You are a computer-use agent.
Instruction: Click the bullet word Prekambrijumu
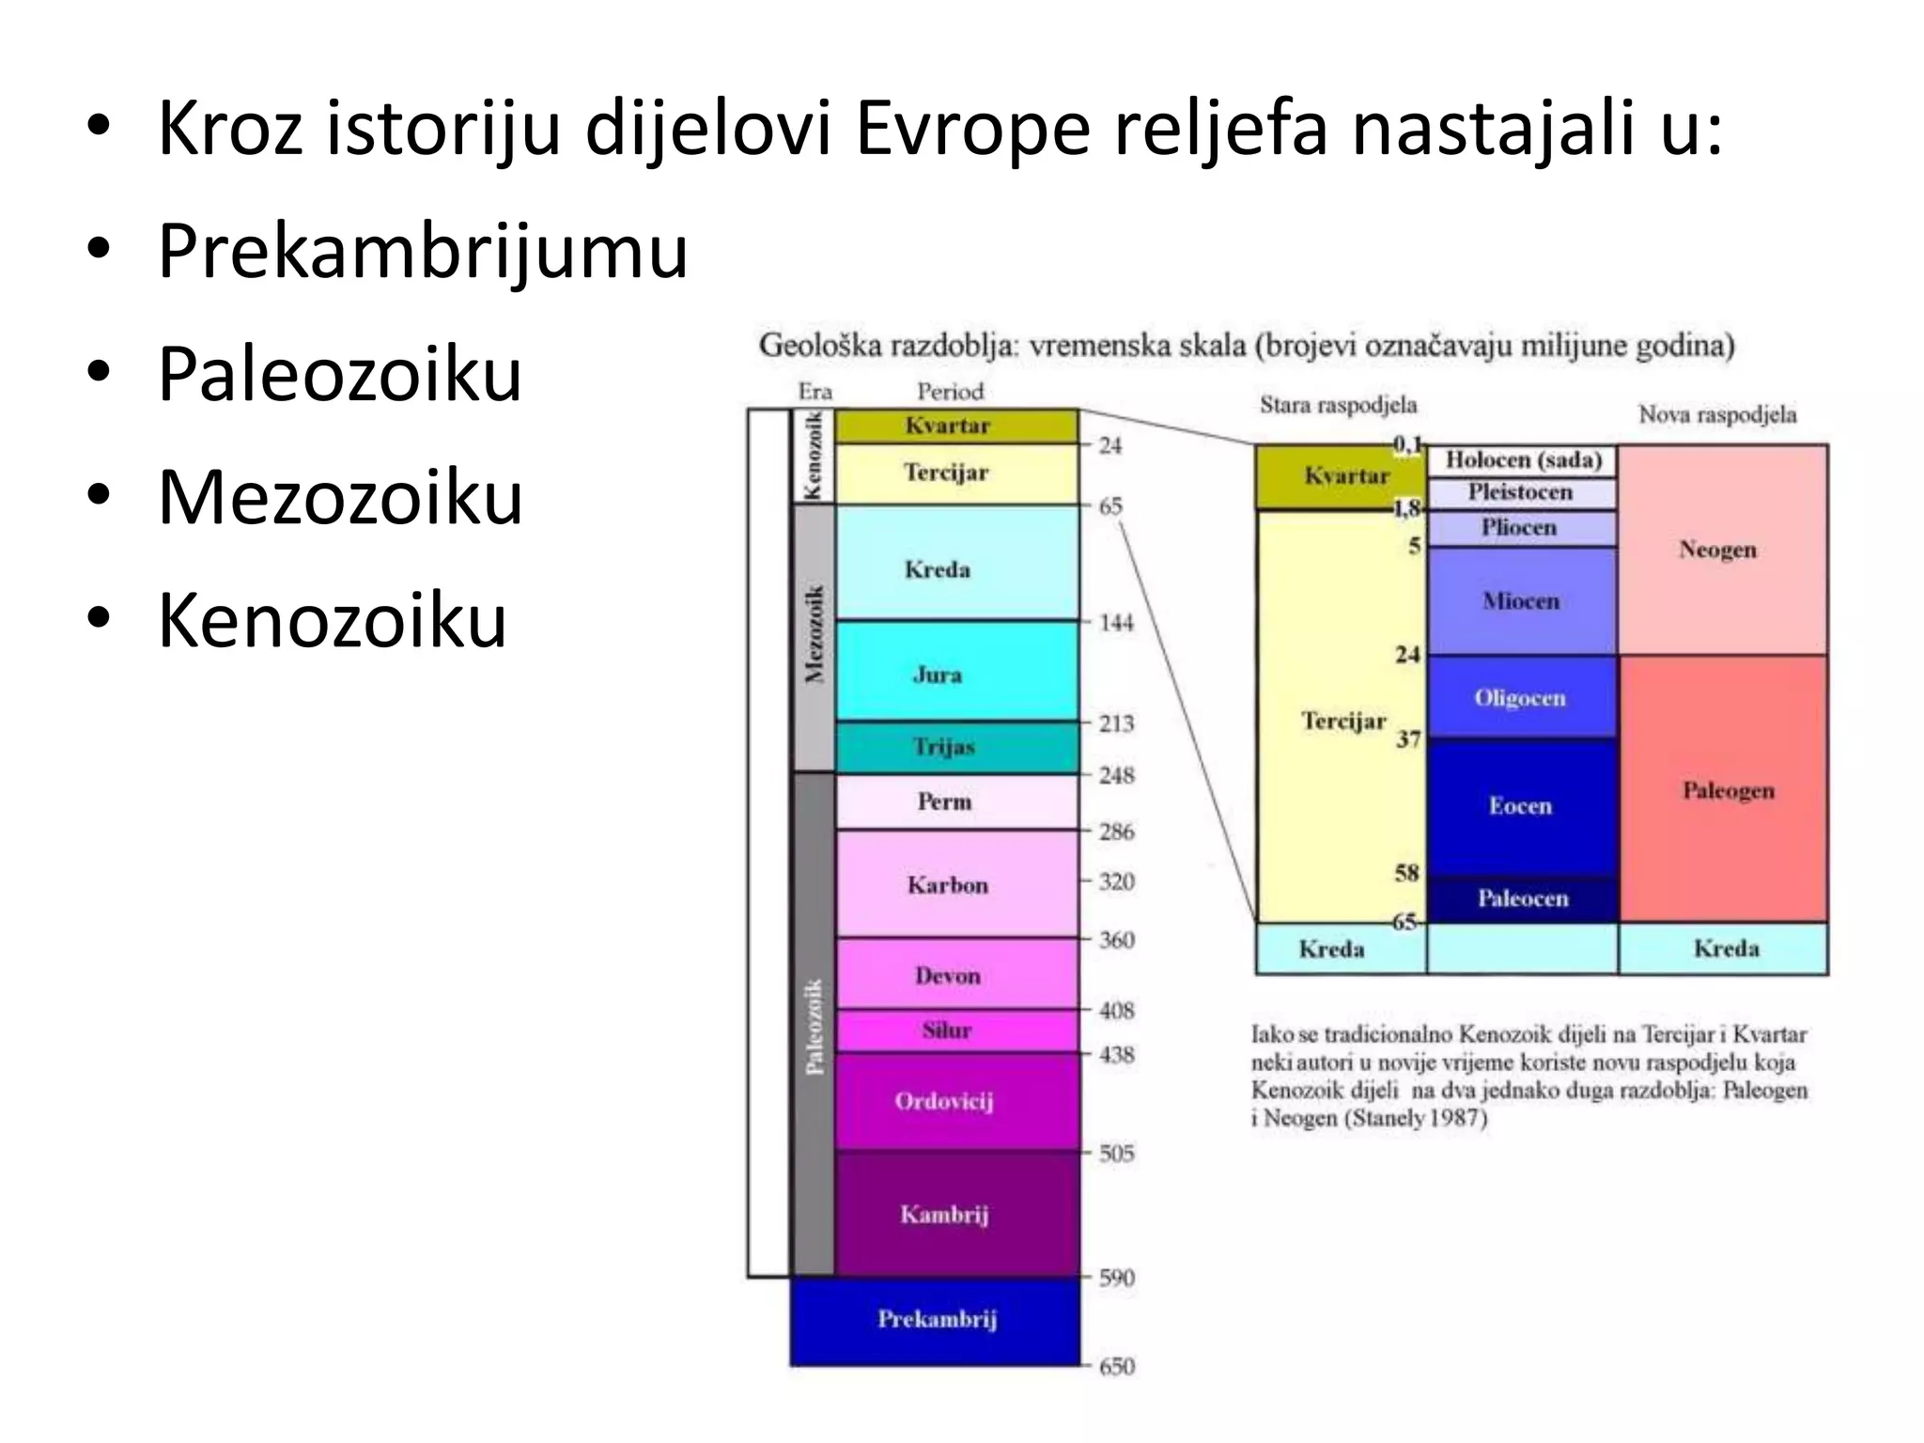(x=423, y=251)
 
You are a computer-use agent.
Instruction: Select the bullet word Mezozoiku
(x=340, y=497)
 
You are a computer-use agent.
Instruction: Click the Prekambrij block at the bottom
(x=936, y=1320)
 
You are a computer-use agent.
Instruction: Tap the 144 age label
(x=1116, y=622)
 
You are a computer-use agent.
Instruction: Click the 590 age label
(x=1116, y=1278)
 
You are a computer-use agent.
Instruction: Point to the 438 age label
(x=1116, y=1055)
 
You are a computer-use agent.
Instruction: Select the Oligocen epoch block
(x=1520, y=698)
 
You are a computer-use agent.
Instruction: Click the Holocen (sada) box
(x=1522, y=460)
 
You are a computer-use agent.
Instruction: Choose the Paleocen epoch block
(x=1522, y=899)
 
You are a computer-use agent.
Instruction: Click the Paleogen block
(x=1727, y=790)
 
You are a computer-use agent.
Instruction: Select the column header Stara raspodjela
(x=1338, y=405)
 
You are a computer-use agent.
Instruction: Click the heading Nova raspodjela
(x=1717, y=414)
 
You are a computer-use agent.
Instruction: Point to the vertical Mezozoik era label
(x=815, y=636)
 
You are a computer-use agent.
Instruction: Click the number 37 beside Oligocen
(x=1407, y=739)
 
